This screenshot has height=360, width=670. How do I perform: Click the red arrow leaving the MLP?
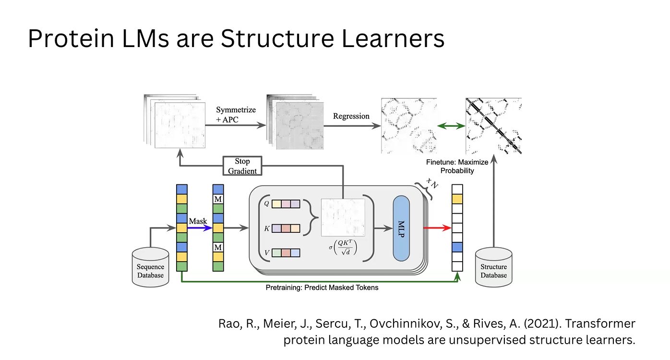pos(437,228)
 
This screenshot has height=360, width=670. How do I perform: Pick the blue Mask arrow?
pos(199,228)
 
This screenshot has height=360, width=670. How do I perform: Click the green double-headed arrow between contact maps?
pos(451,126)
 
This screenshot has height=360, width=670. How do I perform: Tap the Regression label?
pos(351,116)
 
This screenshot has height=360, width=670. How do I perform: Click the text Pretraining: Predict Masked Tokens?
pos(322,288)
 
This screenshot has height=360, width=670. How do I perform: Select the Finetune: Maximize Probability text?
pos(457,167)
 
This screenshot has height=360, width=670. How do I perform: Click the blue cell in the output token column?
pos(457,247)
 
